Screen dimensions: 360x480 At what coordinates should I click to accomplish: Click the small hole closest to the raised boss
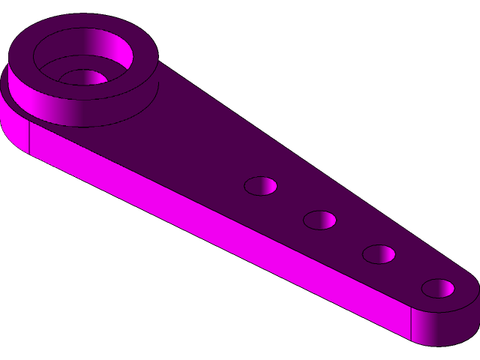[260, 186]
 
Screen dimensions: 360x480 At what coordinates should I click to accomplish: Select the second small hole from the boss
[319, 220]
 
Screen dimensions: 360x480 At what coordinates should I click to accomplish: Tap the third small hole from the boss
[379, 254]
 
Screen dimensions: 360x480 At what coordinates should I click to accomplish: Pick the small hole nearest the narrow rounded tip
[438, 288]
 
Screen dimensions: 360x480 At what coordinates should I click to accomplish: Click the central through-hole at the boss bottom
[84, 78]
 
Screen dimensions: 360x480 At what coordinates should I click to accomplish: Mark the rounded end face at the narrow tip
[450, 326]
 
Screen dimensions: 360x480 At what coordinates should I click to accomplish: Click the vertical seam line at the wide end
[29, 136]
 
